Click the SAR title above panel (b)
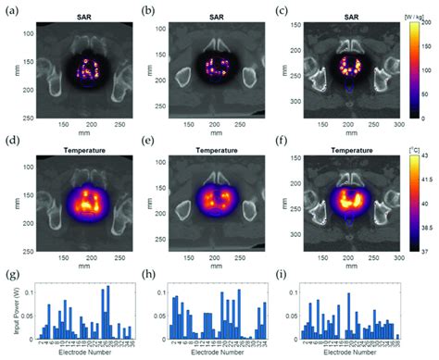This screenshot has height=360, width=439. (x=208, y=19)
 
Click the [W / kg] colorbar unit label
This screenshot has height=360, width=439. (x=417, y=13)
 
